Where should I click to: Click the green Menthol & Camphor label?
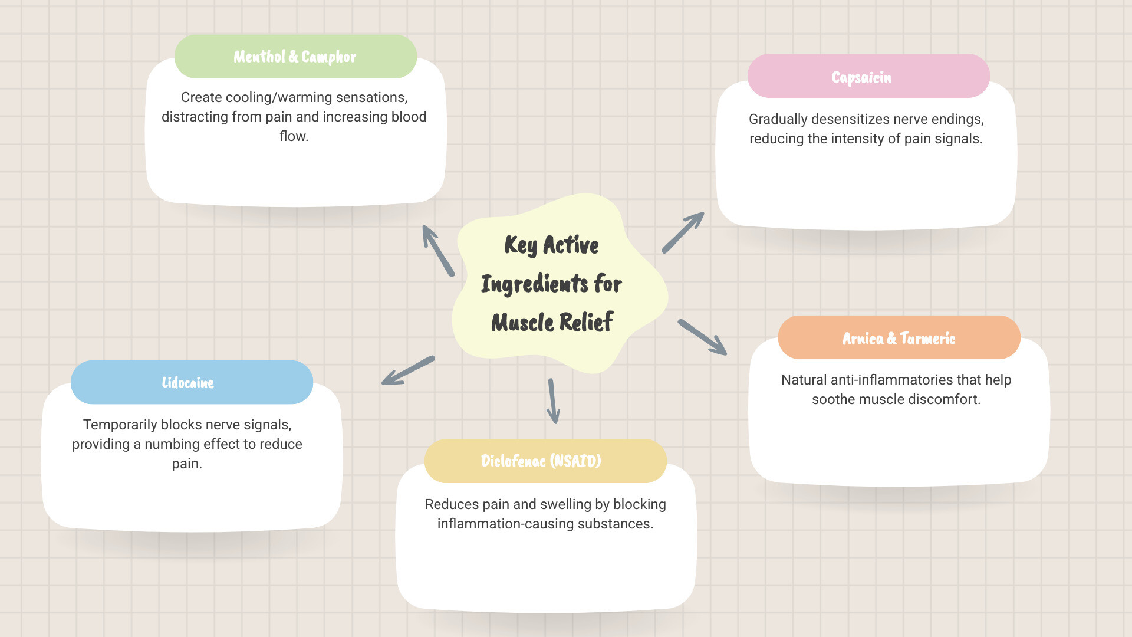coord(295,57)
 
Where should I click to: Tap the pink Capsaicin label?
coord(861,77)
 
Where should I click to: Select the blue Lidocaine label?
coord(187,383)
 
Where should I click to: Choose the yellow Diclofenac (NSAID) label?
coord(541,461)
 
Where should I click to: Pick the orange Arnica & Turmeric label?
coord(899,339)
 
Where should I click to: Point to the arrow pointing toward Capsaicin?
coord(683,232)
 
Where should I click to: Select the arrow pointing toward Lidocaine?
coord(408,370)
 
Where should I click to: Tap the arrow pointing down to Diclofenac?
coord(553,401)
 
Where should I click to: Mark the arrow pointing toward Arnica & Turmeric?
coord(702,337)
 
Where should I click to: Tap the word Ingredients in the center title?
coord(534,284)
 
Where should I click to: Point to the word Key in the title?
coord(520,245)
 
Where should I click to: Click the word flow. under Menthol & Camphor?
coord(294,136)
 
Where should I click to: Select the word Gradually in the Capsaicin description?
coord(778,119)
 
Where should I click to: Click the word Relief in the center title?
coord(586,323)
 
